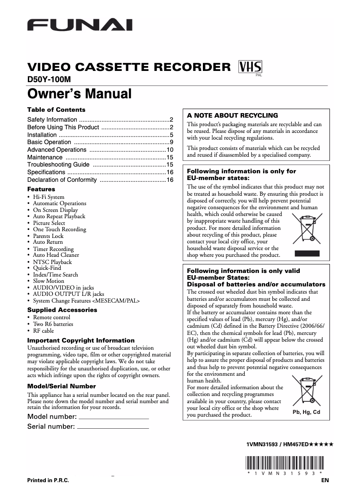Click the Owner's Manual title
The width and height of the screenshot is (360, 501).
coord(79,94)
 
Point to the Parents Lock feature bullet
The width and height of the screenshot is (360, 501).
coord(48,236)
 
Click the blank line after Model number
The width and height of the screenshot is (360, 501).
coord(113,418)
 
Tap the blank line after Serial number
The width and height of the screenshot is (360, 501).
coord(113,428)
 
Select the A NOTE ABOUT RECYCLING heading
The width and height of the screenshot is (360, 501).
coord(233,115)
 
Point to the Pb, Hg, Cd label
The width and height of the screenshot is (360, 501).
coord(306,412)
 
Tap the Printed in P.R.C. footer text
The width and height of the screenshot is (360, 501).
coord(48,480)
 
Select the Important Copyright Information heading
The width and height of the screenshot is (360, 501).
coord(81,340)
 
